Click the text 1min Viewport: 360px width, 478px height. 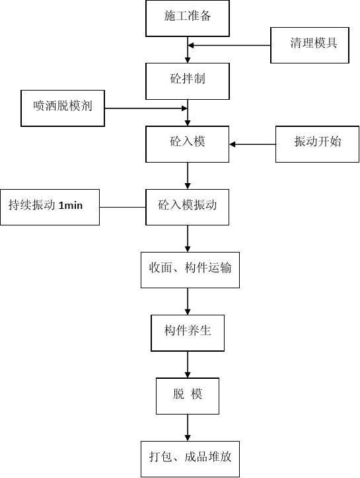click(71, 206)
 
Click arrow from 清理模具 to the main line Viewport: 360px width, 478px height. click(229, 46)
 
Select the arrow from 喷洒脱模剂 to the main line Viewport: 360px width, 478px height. click(146, 108)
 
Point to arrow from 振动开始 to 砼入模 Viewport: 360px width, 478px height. click(252, 144)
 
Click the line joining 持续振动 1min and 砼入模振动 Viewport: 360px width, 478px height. click(122, 208)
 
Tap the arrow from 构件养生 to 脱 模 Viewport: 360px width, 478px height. click(188, 364)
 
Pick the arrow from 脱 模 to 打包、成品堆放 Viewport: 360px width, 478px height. click(188, 428)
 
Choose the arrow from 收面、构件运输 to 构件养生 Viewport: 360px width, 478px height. click(188, 301)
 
